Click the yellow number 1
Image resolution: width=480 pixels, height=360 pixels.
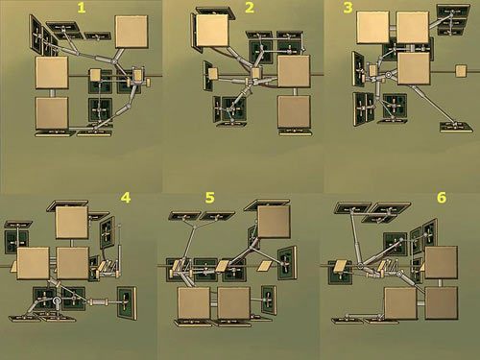[x=82, y=8]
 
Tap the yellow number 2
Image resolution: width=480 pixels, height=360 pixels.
[x=250, y=8]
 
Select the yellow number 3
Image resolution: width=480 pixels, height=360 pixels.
[x=348, y=8]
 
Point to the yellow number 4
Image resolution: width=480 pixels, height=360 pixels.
[x=126, y=198]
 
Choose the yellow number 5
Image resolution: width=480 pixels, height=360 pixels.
[x=209, y=198]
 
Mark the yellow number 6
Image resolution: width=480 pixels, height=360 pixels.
[x=442, y=198]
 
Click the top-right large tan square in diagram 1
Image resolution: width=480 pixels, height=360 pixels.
[x=132, y=32]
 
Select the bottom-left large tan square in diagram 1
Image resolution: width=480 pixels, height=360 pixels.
[x=52, y=113]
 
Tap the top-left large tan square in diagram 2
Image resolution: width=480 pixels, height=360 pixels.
[x=212, y=31]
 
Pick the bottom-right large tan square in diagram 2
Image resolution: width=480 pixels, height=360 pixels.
[x=294, y=111]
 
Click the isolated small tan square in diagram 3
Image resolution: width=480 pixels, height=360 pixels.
[x=461, y=71]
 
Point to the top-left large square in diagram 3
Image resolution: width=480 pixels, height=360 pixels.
[x=372, y=27]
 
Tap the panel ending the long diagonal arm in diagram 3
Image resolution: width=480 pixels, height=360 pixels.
[x=456, y=127]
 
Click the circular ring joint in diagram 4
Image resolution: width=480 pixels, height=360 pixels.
[x=57, y=300]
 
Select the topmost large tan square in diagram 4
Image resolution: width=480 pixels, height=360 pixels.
[x=72, y=223]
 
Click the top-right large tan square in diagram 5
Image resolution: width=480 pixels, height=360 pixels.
[x=274, y=222]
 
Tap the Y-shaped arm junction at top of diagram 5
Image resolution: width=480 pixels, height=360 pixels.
[x=195, y=227]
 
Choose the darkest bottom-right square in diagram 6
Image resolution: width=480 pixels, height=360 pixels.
[x=442, y=303]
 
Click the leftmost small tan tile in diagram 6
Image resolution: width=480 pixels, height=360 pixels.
[x=340, y=266]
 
